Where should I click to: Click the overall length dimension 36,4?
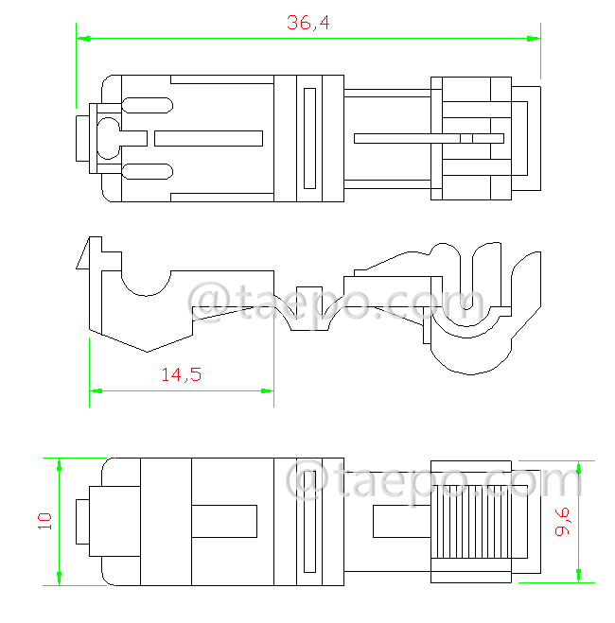tap(307, 24)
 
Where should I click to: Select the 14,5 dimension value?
tap(180, 374)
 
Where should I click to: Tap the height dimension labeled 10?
tap(44, 521)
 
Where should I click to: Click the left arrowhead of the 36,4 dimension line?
tap(82, 39)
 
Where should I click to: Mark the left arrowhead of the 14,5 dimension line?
tap(96, 389)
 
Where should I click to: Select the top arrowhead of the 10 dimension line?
tap(59, 464)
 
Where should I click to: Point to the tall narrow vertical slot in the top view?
tap(308, 138)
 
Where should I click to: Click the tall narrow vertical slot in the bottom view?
tap(308, 520)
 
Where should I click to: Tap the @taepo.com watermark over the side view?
tap(336, 303)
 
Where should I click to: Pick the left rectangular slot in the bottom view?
tap(223, 520)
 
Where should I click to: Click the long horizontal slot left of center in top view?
tap(207, 138)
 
